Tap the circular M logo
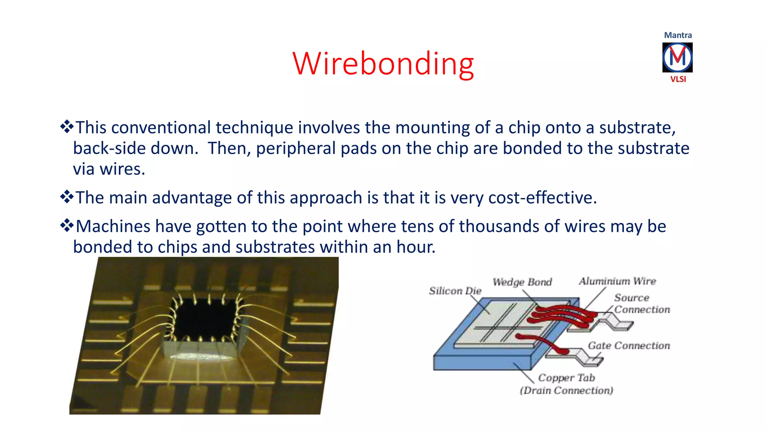click(677, 57)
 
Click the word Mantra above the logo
click(678, 35)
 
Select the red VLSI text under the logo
click(678, 79)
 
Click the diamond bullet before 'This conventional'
click(67, 127)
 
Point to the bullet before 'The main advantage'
click(67, 197)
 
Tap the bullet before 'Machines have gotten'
click(67, 226)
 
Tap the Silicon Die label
click(455, 291)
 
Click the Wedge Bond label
click(522, 282)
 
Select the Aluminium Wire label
click(617, 281)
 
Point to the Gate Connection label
click(629, 345)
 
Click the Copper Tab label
click(566, 377)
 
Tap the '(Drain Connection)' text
click(566, 391)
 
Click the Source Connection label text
click(641, 303)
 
